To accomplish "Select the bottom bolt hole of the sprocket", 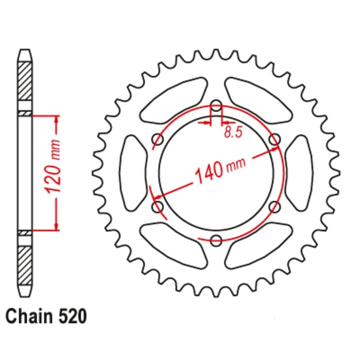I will tap(216, 240).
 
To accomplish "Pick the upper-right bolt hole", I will tap(275, 139).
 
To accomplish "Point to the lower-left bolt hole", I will tap(158, 207).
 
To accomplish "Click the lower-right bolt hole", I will tap(275, 207).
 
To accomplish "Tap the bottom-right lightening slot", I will tap(259, 246).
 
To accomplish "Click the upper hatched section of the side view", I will tap(25, 80).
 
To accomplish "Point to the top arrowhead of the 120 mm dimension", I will tap(57, 119).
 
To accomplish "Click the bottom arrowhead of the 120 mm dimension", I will tap(57, 226).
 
